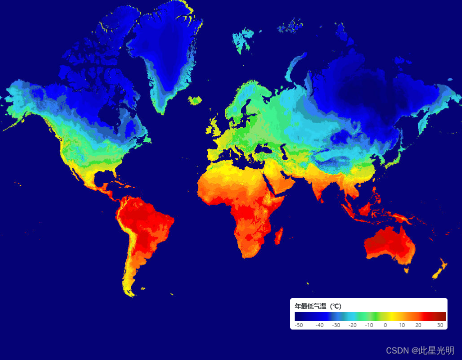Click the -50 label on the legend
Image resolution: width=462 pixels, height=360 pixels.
(x=299, y=325)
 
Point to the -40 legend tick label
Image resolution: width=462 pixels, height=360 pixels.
(x=320, y=325)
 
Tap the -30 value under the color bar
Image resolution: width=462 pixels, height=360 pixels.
(x=336, y=325)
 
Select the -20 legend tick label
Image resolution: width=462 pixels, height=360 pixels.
(x=353, y=325)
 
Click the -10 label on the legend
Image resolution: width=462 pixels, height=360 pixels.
(x=369, y=325)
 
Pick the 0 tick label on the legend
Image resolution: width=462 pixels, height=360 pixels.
(x=385, y=325)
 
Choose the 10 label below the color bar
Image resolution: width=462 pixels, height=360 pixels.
(x=402, y=325)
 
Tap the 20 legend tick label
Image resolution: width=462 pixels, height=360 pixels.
(x=418, y=325)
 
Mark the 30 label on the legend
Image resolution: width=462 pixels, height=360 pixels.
(x=440, y=325)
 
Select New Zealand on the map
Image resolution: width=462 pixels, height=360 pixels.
(x=439, y=270)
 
